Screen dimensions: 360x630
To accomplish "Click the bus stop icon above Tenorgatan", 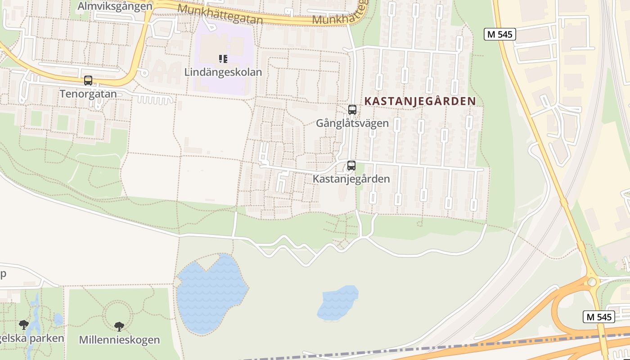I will tap(88, 81).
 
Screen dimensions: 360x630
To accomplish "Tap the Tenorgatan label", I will tap(88, 94).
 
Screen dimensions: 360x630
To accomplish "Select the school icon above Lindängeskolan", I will tap(223, 58).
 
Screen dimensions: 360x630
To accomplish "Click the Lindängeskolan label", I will tap(223, 72).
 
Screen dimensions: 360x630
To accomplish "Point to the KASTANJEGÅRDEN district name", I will tap(420, 101).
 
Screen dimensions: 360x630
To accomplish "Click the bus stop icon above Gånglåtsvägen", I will tap(352, 109).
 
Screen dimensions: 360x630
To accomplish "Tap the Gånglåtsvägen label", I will tap(352, 123).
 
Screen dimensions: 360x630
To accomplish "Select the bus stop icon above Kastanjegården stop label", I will tap(351, 165).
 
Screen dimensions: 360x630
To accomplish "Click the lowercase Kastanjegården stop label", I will tap(351, 179).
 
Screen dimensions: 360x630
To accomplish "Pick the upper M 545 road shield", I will tap(499, 34).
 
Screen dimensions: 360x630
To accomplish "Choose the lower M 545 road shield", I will tap(599, 317).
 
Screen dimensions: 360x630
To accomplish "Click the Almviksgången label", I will tap(115, 6).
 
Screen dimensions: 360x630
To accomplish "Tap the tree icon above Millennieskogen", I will tap(119, 326).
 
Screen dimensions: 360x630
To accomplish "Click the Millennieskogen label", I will tap(119, 339).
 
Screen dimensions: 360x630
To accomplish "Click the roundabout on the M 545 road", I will tap(592, 282).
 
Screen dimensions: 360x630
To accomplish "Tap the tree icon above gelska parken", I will tap(24, 324).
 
